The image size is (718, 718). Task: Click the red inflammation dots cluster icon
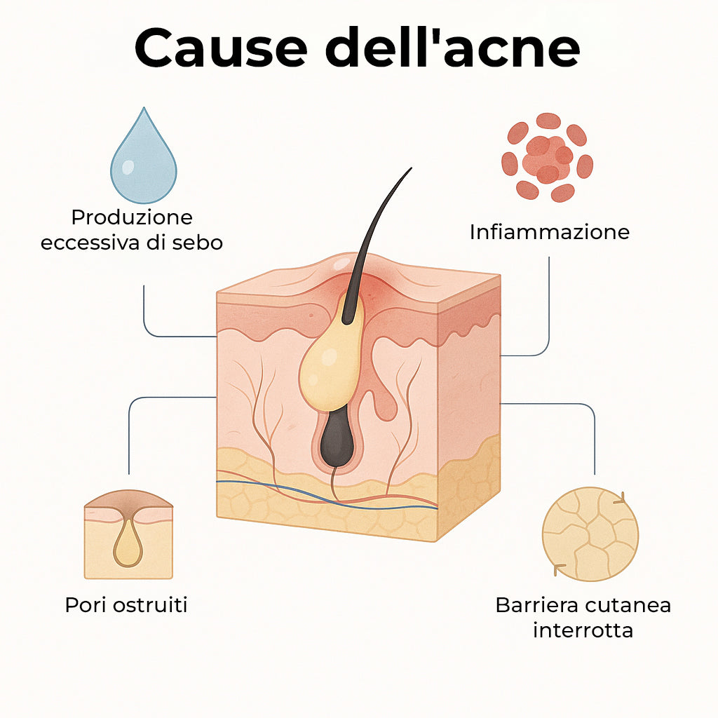pyautogui.click(x=548, y=157)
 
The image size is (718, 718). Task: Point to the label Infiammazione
pyautogui.click(x=549, y=232)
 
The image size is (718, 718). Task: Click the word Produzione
pyautogui.click(x=132, y=217)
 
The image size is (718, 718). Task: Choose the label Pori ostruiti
pyautogui.click(x=126, y=604)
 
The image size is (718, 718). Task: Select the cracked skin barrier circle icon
pyautogui.click(x=590, y=534)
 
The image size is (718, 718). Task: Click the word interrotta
pyautogui.click(x=583, y=630)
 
